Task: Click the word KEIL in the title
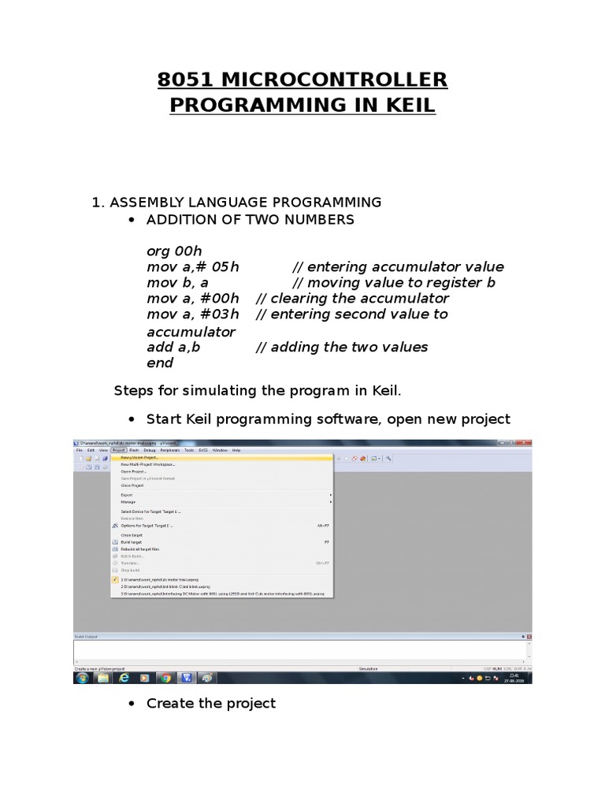pos(403,105)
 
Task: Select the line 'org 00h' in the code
pos(174,251)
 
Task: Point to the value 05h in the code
pos(224,266)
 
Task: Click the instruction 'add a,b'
pos(173,347)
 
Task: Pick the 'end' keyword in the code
pos(160,363)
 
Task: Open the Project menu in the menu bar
pos(118,450)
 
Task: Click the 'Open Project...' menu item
pos(133,471)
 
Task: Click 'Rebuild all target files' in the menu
pos(139,549)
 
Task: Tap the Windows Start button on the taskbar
pos(81,677)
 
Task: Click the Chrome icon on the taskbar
pos(165,677)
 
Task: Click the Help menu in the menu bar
pos(236,450)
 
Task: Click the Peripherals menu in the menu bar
pos(170,450)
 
